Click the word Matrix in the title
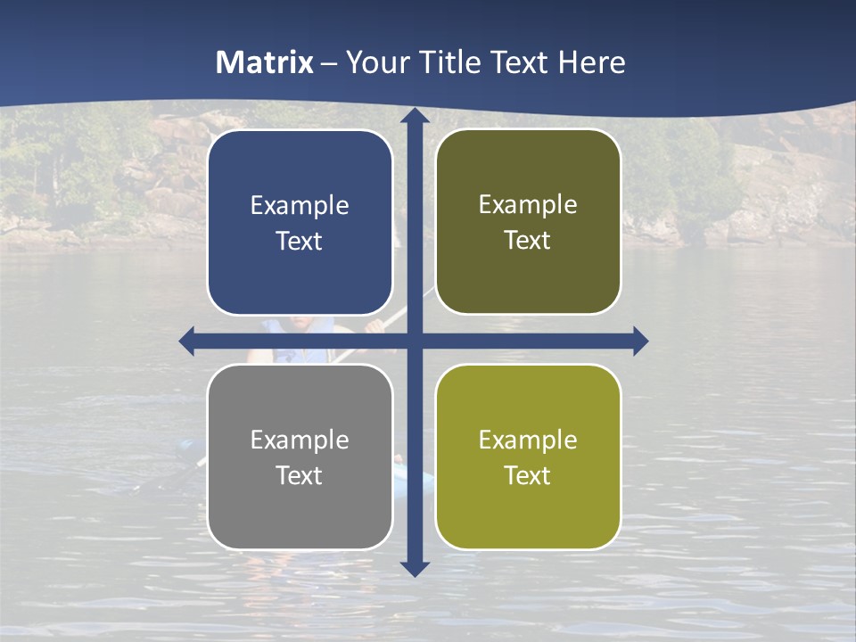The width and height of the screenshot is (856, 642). click(x=265, y=62)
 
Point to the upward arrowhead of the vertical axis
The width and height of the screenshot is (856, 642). click(x=415, y=115)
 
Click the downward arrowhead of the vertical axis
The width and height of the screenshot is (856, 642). click(x=415, y=568)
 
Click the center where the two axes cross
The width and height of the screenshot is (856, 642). click(x=415, y=341)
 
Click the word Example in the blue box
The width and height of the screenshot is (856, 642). click(x=300, y=206)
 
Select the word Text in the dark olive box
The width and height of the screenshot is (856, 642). click(x=528, y=241)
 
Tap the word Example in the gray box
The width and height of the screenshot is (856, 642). click(x=300, y=440)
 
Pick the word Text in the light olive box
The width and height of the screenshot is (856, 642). click(x=528, y=475)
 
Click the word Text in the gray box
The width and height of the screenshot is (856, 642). click(x=300, y=475)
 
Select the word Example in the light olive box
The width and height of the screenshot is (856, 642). click(x=528, y=440)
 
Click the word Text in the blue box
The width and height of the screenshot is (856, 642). click(x=300, y=241)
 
